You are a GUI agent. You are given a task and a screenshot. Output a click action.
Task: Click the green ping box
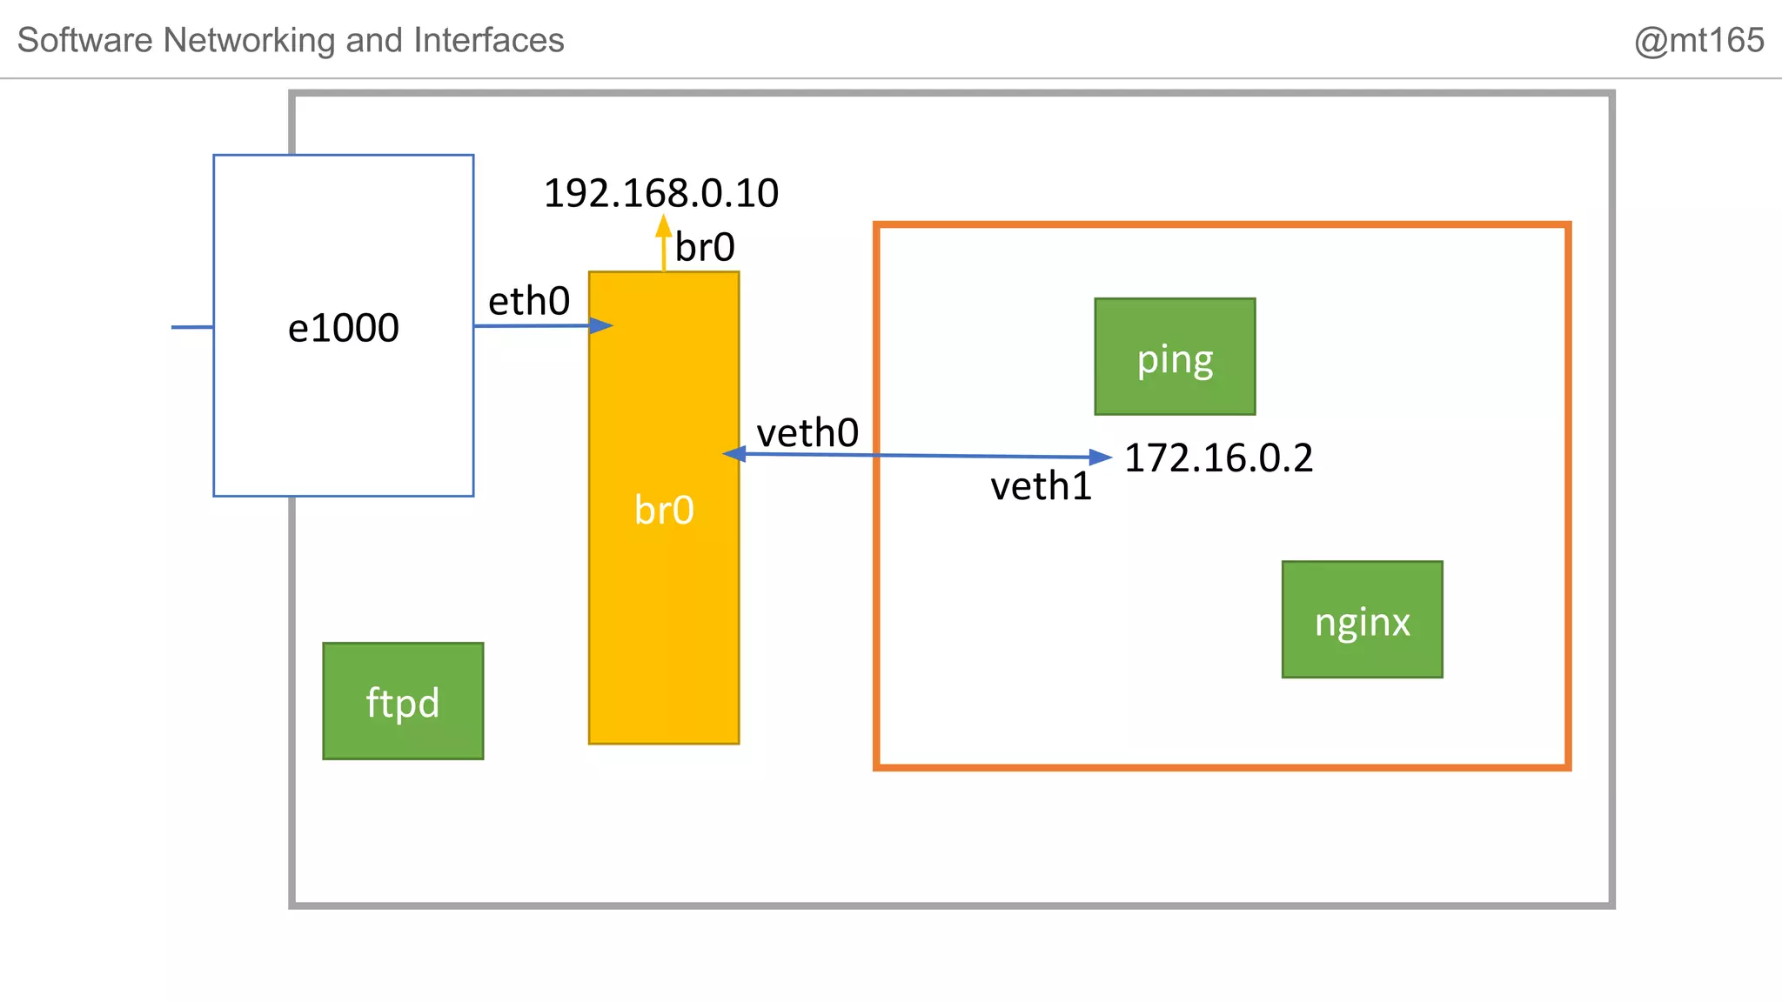tap(1175, 357)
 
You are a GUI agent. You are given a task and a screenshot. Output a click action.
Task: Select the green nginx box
tap(1362, 619)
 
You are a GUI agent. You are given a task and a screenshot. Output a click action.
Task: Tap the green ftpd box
tap(403, 701)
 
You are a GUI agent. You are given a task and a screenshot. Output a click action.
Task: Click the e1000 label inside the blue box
tap(344, 328)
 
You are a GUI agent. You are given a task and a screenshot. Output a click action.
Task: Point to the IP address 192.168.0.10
tap(661, 193)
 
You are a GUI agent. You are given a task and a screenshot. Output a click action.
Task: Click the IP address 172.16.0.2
tap(1218, 458)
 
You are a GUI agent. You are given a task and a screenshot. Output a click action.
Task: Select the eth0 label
tap(529, 302)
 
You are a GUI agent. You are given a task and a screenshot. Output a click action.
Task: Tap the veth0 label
tap(807, 433)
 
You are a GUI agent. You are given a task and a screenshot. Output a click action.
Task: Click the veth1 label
tap(1041, 486)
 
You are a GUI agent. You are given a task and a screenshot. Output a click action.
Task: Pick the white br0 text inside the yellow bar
tap(664, 510)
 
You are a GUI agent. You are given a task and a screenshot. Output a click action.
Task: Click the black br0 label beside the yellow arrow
tap(705, 248)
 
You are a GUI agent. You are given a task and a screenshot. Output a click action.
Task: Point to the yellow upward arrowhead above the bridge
tap(664, 226)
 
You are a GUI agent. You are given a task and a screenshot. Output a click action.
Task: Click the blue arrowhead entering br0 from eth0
tap(601, 325)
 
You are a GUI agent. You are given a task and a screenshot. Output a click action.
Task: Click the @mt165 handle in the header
tap(1698, 40)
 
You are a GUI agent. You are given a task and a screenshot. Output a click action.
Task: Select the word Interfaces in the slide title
tap(489, 40)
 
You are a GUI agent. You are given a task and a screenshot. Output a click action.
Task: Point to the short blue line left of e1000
tap(192, 327)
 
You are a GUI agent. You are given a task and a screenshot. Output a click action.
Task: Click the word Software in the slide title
tap(85, 40)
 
